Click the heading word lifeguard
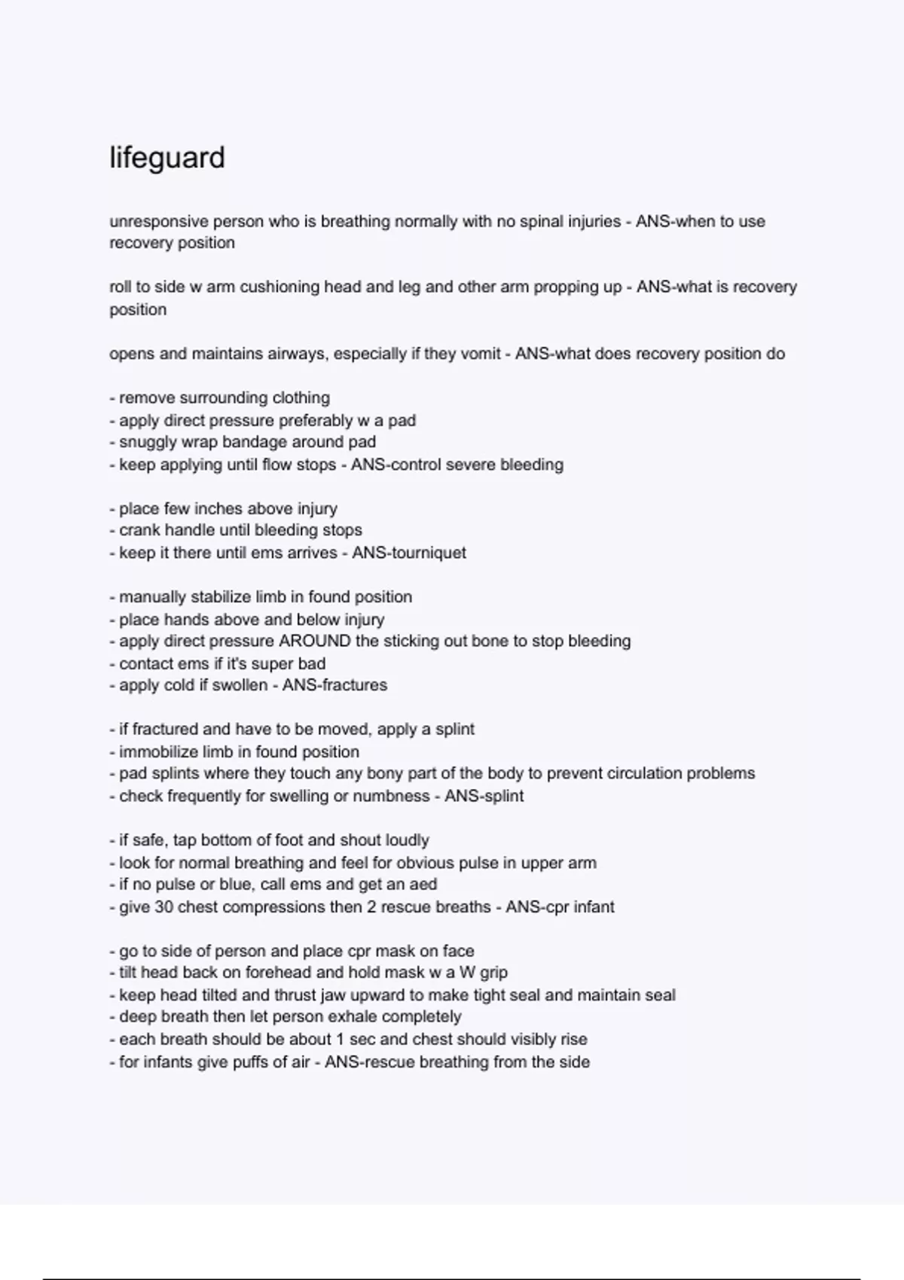pyautogui.click(x=167, y=158)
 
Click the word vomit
pyautogui.click(x=481, y=354)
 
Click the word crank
pyautogui.click(x=139, y=530)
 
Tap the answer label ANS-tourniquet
pyautogui.click(x=409, y=553)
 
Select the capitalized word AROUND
pyautogui.click(x=315, y=642)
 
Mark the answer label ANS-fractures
pyautogui.click(x=334, y=685)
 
